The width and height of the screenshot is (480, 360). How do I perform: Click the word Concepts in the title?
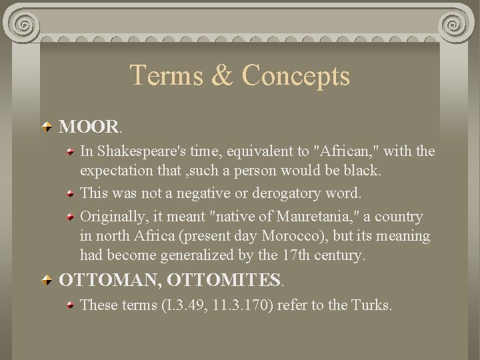(295, 75)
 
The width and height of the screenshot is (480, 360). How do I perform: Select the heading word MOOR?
(88, 127)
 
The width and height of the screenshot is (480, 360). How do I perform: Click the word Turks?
(369, 305)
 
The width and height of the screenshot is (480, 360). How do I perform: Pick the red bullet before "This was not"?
(71, 194)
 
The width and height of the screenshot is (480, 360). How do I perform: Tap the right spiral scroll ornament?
(455, 25)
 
